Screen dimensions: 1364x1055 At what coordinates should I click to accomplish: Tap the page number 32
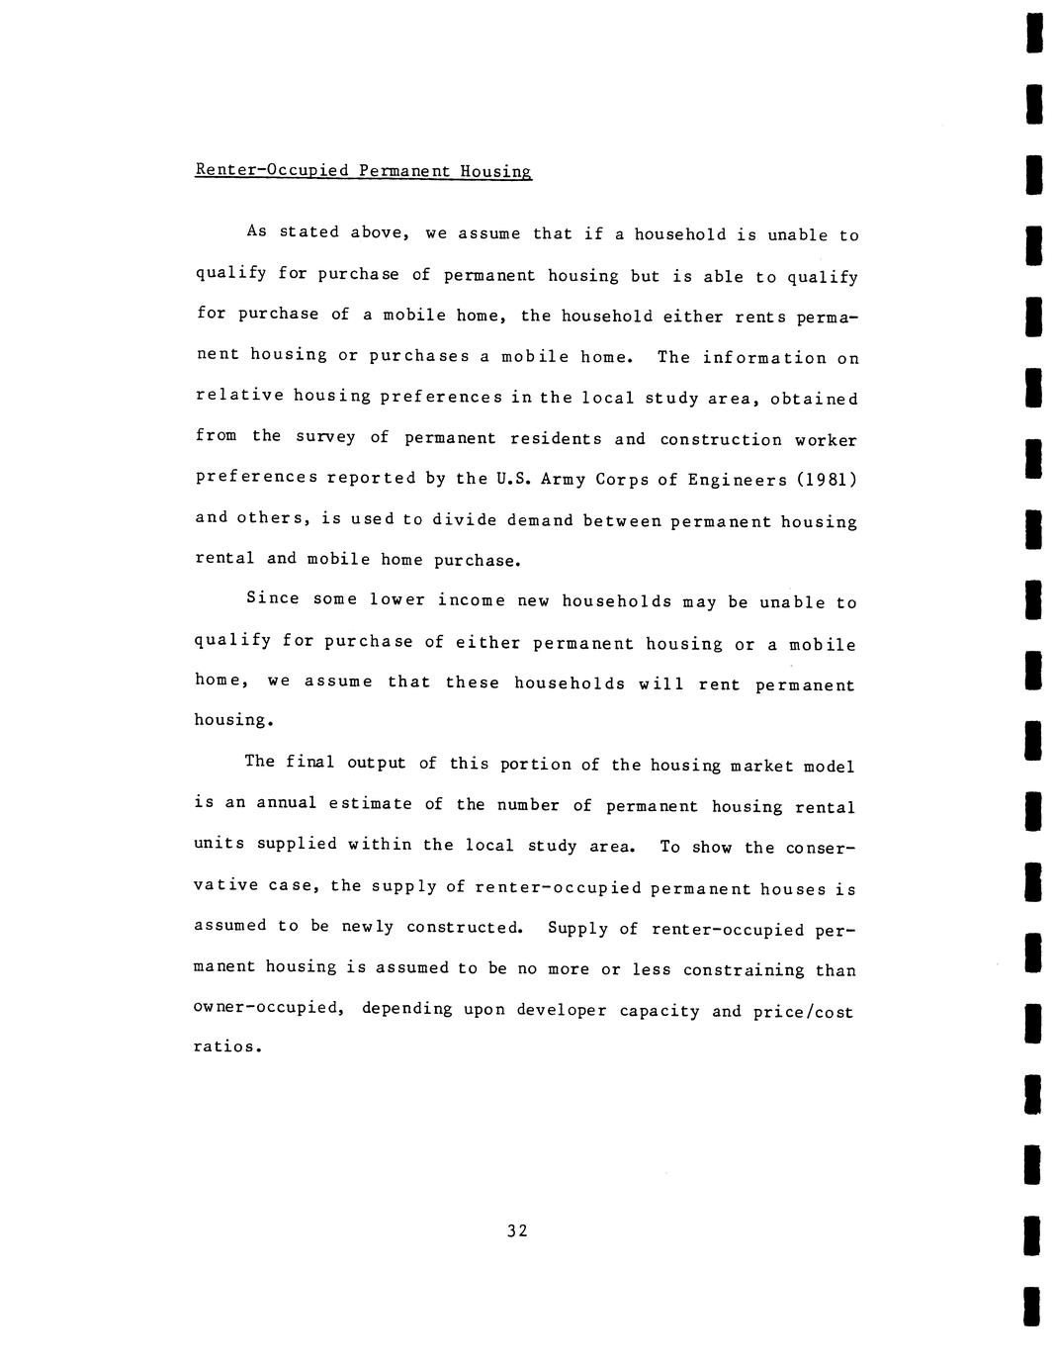tap(517, 1230)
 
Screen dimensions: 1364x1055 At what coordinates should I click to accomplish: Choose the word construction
tap(720, 439)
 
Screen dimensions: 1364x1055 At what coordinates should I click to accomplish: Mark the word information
tap(764, 357)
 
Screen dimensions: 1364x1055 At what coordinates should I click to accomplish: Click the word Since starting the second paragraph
tap(272, 598)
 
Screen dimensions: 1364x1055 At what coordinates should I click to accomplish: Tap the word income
tap(471, 599)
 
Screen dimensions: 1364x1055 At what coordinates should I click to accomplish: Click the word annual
tap(287, 802)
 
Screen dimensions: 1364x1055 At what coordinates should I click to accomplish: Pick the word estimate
tap(370, 803)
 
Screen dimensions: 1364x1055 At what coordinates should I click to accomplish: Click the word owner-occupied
tap(267, 1009)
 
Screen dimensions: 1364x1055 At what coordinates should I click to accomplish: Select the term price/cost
tap(802, 1012)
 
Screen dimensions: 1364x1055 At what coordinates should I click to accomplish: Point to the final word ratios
tap(226, 1046)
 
